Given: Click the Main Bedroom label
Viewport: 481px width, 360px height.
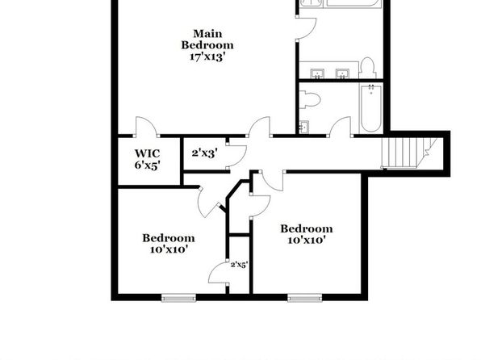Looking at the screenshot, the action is (207, 39).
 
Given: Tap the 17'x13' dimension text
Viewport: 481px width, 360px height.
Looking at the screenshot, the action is (207, 57).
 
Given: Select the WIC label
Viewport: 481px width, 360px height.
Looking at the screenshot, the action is (147, 153).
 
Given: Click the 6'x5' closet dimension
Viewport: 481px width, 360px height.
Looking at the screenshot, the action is (147, 165).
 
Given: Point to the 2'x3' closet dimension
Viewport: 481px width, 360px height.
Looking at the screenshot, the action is (205, 153).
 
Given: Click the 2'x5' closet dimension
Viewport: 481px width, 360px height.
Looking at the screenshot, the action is (239, 265).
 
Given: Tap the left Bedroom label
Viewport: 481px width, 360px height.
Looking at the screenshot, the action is (169, 238).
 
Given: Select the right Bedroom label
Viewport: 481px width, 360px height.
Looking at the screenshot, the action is (307, 228).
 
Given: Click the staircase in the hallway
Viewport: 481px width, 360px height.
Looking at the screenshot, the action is (408, 153).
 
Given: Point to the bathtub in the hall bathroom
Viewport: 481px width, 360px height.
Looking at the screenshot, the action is (371, 109).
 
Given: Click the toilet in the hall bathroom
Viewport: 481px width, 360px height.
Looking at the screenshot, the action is (310, 99).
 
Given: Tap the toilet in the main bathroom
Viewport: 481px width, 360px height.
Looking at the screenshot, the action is (368, 68).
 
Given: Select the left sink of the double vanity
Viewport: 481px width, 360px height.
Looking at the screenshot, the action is (317, 73).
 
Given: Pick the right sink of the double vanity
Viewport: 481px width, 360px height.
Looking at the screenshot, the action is (342, 73).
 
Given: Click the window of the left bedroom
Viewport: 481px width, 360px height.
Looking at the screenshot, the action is (179, 297).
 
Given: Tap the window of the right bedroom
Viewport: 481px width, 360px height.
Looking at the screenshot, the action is (305, 297).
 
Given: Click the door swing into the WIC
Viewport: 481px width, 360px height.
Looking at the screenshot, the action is (146, 126).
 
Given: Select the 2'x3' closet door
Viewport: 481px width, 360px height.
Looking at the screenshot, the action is (236, 156).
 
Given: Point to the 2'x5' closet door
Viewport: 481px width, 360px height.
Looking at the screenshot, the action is (219, 273).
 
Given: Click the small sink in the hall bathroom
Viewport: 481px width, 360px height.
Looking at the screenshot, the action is (304, 127).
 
